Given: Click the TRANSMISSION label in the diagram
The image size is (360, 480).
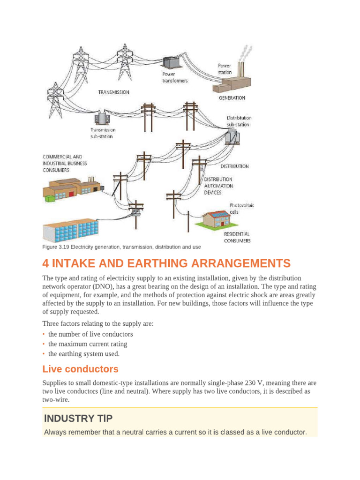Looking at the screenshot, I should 113,92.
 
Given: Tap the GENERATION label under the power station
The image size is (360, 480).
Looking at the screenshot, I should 232,98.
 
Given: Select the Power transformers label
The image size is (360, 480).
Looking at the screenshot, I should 174,77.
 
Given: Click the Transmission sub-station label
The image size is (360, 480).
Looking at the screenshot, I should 103,133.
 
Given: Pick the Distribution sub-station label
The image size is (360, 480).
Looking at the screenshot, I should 239,121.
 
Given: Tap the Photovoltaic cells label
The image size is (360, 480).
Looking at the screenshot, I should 241,209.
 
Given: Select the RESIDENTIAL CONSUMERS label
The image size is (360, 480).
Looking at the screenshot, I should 236,237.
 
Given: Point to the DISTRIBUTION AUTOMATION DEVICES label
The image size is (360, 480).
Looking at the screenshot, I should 218,186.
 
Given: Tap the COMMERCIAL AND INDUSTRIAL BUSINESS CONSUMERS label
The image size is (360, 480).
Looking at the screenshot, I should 65,164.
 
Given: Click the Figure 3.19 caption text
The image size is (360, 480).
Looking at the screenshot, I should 121,247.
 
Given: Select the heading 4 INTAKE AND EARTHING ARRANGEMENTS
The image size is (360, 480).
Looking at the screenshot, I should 166,263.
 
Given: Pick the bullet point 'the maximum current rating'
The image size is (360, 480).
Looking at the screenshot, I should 88,344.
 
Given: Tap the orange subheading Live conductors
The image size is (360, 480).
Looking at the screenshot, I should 80,369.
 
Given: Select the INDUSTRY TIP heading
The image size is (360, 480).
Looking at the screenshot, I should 78,418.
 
